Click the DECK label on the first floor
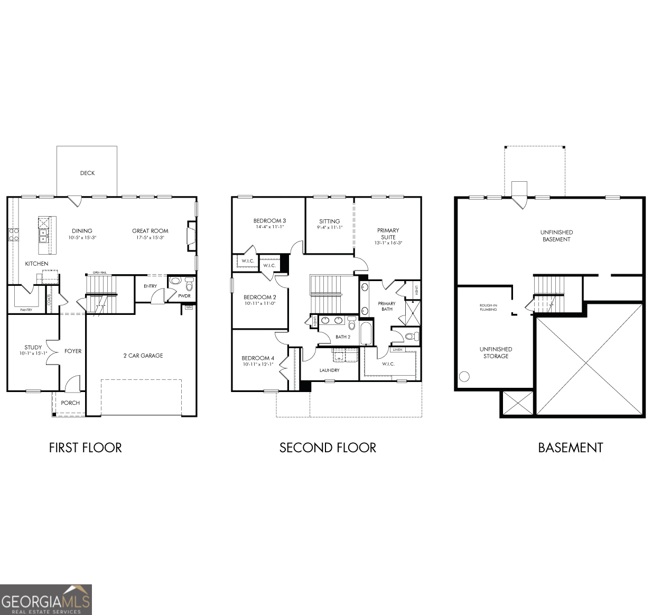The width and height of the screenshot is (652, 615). tap(87, 173)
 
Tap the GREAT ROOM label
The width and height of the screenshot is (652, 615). tap(150, 231)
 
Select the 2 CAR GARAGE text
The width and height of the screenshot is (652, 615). tap(143, 356)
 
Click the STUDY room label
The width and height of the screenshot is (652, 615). tap(33, 348)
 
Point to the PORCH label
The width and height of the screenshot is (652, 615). tap(70, 403)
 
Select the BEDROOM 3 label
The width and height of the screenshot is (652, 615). tap(269, 221)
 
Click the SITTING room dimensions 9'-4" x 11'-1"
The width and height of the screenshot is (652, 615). tap(329, 227)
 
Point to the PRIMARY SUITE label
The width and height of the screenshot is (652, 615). tap(388, 234)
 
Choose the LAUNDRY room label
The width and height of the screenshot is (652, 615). tap(329, 370)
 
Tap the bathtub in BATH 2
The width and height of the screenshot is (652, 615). tap(367, 332)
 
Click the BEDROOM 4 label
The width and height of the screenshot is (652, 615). tap(258, 358)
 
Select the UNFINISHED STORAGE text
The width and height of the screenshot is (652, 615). tap(496, 352)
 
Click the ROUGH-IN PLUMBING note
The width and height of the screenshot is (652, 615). tap(488, 307)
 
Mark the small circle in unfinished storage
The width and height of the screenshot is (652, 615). tap(464, 377)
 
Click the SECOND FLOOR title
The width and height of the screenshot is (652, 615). tap(328, 448)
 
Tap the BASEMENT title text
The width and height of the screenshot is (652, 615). tap(570, 448)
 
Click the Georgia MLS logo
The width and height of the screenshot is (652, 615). tap(46, 600)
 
